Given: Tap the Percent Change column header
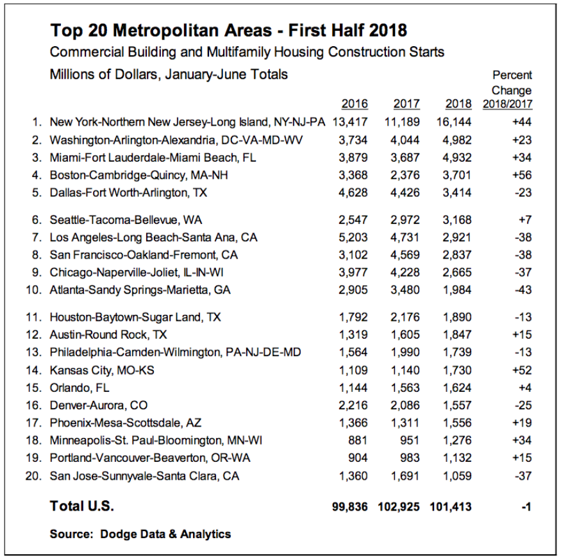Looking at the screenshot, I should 512,90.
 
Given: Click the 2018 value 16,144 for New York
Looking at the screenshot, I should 454,122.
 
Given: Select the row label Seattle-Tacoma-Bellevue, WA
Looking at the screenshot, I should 126,220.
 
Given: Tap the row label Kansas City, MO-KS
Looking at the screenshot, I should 102,370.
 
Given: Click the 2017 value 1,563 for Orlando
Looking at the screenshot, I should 406,387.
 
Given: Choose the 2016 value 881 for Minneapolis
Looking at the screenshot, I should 359,440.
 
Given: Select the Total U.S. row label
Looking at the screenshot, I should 81,507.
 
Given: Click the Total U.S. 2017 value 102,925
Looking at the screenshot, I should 399,507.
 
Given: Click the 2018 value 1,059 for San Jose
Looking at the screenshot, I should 457,476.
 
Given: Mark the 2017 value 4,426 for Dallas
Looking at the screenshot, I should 406,192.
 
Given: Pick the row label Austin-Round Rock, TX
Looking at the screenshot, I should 108,335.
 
